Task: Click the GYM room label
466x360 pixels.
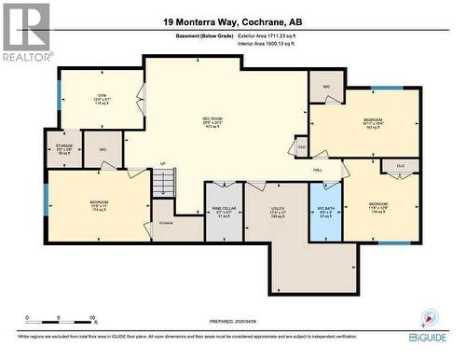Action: tap(103, 100)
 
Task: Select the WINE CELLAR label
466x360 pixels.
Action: tap(224, 212)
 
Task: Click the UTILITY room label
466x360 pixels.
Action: tap(277, 212)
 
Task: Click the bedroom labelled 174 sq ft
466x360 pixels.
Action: tap(99, 206)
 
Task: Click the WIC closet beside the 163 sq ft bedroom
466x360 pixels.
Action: tap(327, 88)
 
